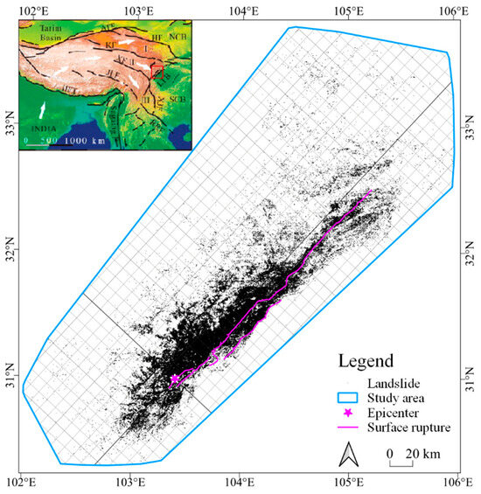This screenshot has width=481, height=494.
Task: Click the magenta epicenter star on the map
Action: [174, 379]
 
